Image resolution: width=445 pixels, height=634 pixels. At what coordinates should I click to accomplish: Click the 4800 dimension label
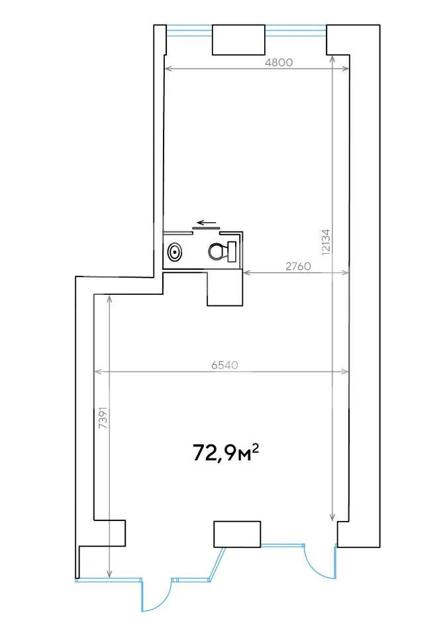coord(278,63)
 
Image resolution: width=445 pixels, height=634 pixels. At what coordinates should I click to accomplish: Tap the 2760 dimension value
coord(298,266)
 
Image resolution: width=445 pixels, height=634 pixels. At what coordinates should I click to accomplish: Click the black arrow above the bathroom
coord(207,223)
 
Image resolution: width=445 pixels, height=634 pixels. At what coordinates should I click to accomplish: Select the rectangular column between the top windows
coord(238,40)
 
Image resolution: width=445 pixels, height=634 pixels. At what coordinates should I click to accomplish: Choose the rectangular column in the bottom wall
coord(236,534)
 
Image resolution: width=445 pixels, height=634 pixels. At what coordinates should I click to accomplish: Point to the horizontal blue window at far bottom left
coord(109,580)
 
